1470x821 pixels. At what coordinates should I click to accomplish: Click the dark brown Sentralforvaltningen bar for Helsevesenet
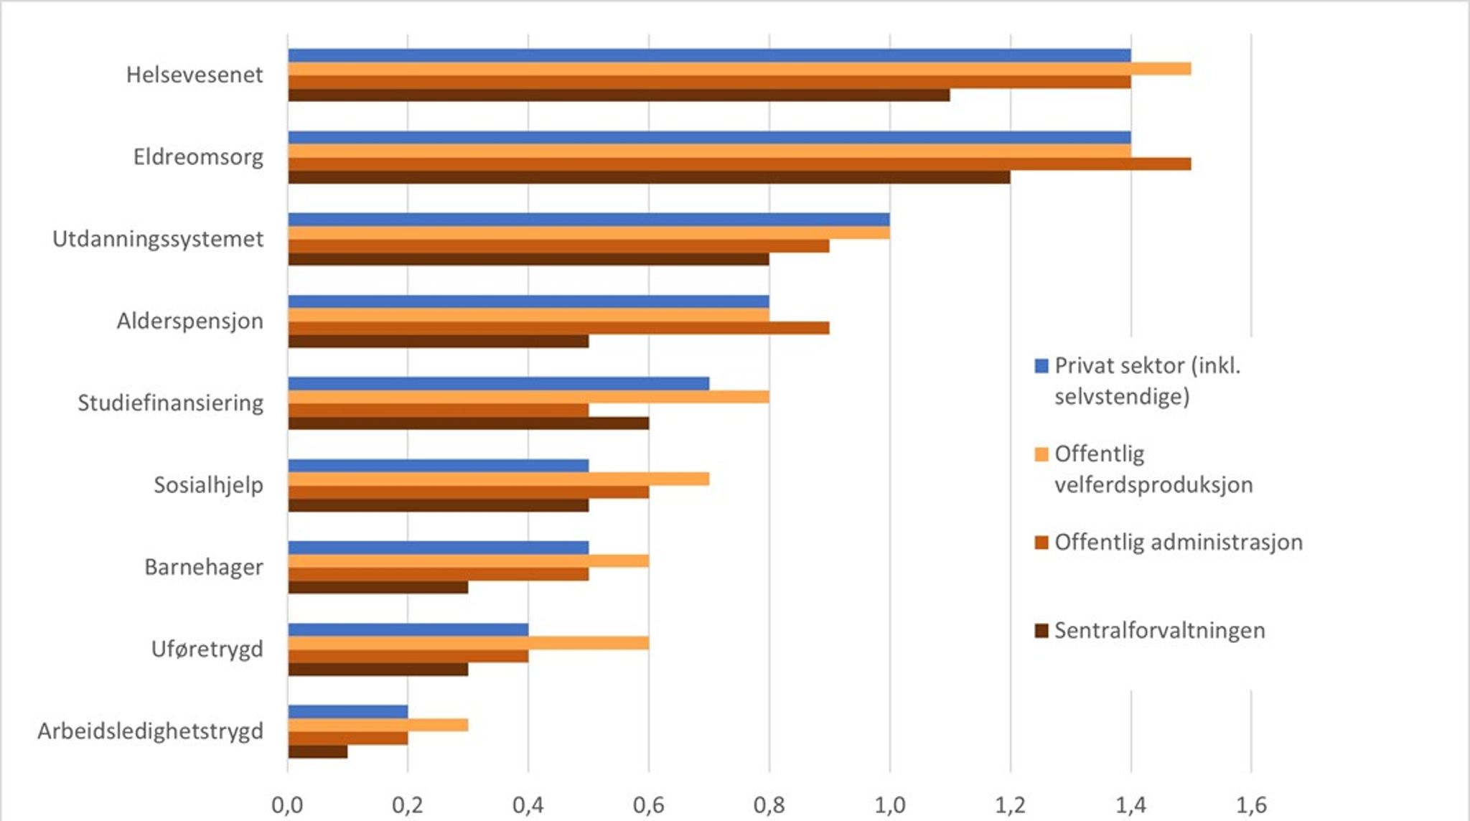click(619, 95)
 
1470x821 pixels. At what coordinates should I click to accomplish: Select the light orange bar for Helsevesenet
click(739, 69)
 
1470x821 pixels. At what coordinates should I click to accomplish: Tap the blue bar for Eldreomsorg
click(709, 138)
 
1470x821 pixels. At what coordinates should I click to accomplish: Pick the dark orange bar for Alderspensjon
click(558, 328)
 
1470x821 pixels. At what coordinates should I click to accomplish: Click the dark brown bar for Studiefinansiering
click(468, 423)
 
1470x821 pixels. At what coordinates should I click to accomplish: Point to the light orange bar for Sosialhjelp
click(498, 479)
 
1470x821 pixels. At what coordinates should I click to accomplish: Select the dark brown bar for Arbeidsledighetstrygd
click(317, 751)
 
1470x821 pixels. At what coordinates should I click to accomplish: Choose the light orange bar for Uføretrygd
click(468, 643)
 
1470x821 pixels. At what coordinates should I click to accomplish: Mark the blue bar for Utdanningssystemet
click(589, 220)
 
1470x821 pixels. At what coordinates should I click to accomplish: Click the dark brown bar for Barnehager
click(378, 587)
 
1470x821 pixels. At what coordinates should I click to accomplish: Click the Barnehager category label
click(204, 567)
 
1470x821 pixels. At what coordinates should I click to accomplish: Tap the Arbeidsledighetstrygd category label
click(151, 731)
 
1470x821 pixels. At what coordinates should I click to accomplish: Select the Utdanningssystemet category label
click(158, 239)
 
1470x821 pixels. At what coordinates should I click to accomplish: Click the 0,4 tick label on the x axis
click(528, 805)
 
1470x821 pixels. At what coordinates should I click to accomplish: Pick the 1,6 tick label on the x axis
click(1251, 805)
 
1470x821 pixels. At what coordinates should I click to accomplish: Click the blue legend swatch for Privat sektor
click(1041, 366)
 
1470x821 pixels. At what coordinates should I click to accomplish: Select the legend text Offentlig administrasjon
click(1179, 542)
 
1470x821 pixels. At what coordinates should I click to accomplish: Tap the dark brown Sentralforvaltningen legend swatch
click(1041, 631)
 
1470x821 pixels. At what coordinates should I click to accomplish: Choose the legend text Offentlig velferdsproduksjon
click(1153, 469)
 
